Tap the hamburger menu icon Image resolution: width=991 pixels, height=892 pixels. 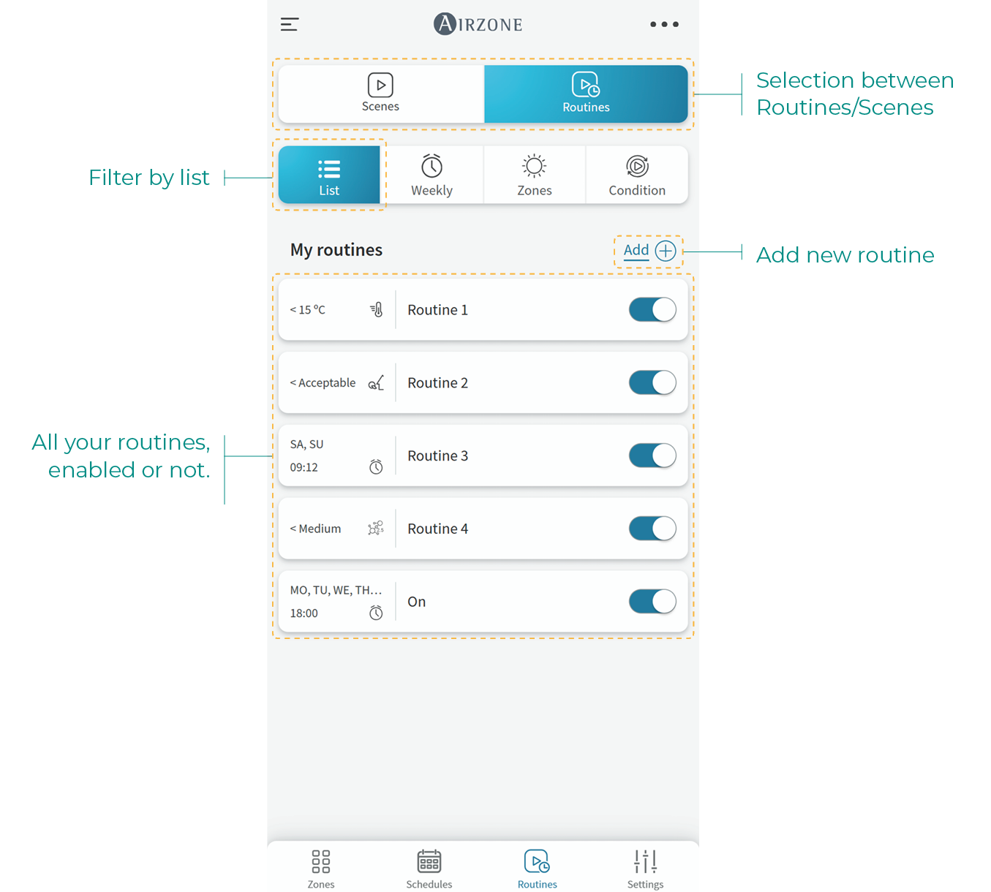pos(290,24)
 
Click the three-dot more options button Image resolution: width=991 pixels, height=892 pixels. pos(664,24)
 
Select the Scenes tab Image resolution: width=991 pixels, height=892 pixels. pos(380,94)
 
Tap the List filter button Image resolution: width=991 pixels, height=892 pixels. pos(329,174)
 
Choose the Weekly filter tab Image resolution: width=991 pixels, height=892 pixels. pos(432,174)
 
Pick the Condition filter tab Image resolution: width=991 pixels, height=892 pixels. pos(637,174)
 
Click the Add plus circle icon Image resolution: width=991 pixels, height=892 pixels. pos(666,251)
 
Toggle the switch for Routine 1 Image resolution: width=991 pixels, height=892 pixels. pos(652,310)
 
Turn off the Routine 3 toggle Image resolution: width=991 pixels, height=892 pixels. pos(652,456)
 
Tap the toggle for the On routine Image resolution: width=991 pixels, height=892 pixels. pos(652,602)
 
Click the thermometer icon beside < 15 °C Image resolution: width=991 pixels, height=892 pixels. pos(377,310)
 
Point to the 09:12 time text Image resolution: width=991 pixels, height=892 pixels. pos(304,467)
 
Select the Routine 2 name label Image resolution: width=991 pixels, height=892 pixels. pos(437,383)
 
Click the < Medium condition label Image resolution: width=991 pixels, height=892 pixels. pos(315,529)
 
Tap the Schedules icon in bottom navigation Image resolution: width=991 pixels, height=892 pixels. pos(429,861)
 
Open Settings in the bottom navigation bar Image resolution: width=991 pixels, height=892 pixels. pos(645,869)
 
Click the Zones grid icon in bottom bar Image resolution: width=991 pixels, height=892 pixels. pos(320,861)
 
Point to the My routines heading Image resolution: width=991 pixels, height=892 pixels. pos(336,250)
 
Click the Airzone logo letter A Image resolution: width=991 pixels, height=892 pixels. pos(445,23)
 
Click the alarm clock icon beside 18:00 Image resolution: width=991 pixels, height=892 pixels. pos(376,613)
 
